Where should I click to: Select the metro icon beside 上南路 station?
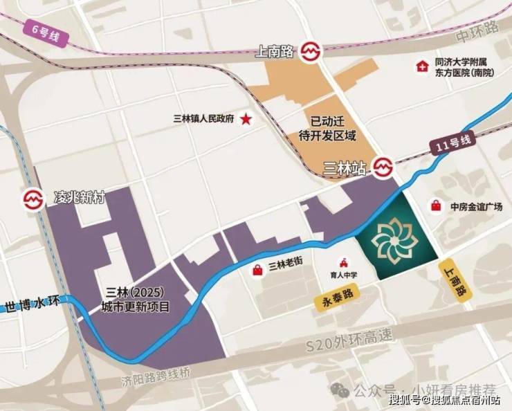[x=310, y=52]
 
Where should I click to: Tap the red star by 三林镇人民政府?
[x=246, y=119]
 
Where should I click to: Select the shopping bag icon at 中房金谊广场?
[x=436, y=205]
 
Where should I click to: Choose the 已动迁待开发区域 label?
[x=333, y=127]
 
